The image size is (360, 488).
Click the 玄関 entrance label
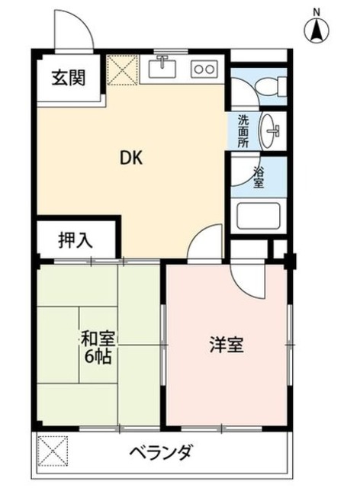[68, 77]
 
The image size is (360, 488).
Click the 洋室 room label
[227, 345]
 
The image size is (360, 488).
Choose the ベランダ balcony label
[160, 452]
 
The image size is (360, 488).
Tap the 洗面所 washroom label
[243, 131]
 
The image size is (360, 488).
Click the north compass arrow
[316, 30]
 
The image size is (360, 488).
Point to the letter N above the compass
[316, 9]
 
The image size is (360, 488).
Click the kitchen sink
[162, 69]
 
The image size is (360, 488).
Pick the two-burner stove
[205, 69]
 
